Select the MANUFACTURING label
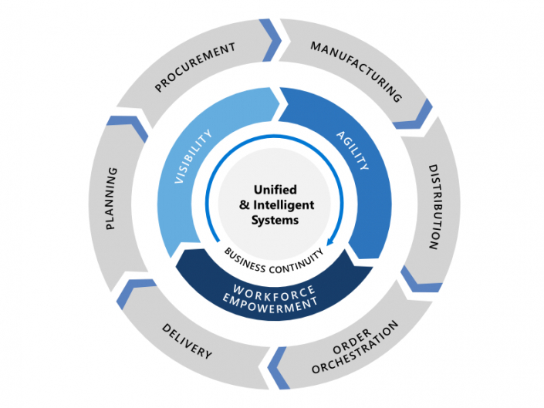click(x=356, y=72)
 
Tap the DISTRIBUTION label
click(x=433, y=206)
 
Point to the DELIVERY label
click(x=187, y=342)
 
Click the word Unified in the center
click(x=275, y=189)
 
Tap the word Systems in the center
click(x=275, y=220)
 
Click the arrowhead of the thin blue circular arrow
click(x=329, y=242)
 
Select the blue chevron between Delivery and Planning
click(x=135, y=291)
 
